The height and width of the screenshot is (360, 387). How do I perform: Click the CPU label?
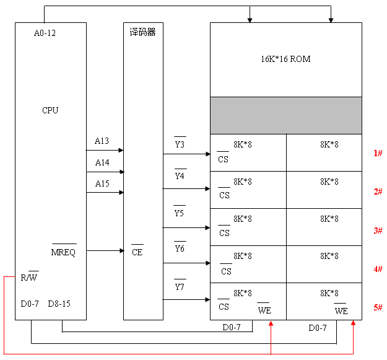coord(50,110)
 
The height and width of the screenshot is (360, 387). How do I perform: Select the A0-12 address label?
coord(45,33)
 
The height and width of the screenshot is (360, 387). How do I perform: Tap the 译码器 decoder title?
coord(143,32)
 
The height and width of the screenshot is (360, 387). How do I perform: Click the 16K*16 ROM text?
coord(285,59)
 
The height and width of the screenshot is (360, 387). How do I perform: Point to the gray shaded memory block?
coord(285,115)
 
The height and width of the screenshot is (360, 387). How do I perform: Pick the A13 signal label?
coord(102,141)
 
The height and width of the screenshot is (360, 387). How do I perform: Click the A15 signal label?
coord(102,183)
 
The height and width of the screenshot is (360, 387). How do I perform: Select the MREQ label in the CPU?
coord(63,252)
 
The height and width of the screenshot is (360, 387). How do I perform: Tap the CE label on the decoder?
coord(137,252)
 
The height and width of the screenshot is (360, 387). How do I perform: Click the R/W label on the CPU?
coord(30,277)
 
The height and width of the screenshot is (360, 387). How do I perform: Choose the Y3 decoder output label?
coord(180,145)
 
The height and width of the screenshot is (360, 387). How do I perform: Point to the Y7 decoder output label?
coord(180,288)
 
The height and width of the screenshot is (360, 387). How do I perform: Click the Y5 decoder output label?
coord(180,213)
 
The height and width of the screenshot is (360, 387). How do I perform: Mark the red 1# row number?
coord(377,153)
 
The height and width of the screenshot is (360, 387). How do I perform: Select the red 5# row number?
coord(377,308)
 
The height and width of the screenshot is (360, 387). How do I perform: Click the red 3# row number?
coord(377,230)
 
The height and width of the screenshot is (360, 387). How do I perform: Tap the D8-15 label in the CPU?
coord(59,304)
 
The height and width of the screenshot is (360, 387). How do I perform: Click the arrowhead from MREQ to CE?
coord(121,250)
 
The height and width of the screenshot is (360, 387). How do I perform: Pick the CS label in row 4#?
coord(226,271)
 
